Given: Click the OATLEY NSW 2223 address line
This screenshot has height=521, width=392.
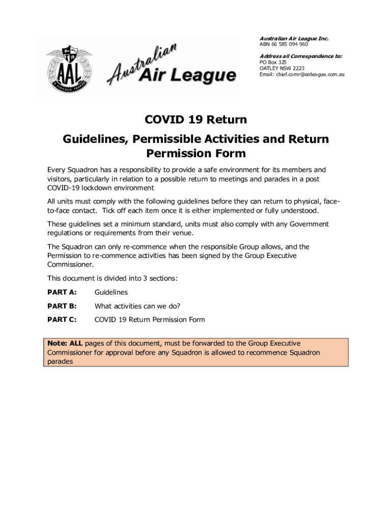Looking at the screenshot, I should (282, 68).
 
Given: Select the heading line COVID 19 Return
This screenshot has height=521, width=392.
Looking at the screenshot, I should (196, 120).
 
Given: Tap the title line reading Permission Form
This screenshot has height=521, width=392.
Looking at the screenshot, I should (196, 153).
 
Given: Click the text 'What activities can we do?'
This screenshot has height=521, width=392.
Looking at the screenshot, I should (137, 306).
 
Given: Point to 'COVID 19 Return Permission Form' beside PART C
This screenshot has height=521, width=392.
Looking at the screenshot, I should (150, 320).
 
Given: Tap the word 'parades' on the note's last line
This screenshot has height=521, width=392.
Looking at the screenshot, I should (60, 361).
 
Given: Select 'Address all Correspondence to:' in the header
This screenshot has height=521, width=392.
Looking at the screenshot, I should (300, 56).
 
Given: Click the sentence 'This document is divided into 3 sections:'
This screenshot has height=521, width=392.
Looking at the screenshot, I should (113, 278).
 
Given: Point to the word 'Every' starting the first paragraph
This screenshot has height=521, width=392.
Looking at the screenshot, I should (57, 170).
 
